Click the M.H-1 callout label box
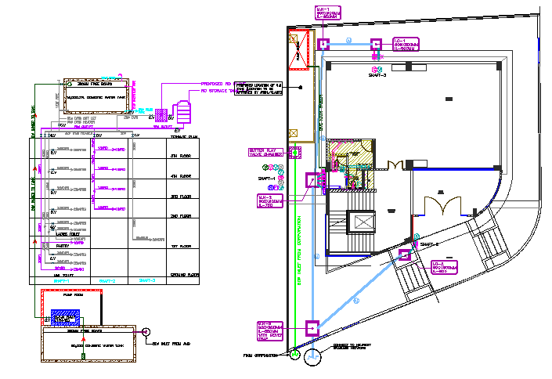pyautogui.click(x=328, y=14)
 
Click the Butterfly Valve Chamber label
pyautogui.click(x=260, y=153)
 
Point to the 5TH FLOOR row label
pyautogui.click(x=181, y=155)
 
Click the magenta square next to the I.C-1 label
pyautogui.click(x=376, y=44)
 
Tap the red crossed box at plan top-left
pyautogui.click(x=294, y=38)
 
